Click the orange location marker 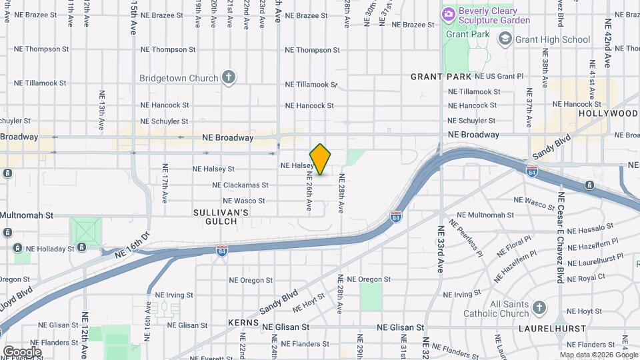(x=321, y=159)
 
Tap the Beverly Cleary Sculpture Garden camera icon (x=449, y=13)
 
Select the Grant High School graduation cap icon (x=505, y=39)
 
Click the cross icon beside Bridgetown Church (x=229, y=78)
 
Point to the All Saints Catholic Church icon (x=539, y=308)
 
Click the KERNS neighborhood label (x=242, y=323)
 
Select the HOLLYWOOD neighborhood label (x=608, y=113)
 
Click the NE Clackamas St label (x=240, y=185)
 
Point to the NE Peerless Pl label (x=470, y=240)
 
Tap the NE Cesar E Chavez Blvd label (x=561, y=237)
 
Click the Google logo (x=22, y=351)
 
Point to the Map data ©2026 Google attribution (x=598, y=355)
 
